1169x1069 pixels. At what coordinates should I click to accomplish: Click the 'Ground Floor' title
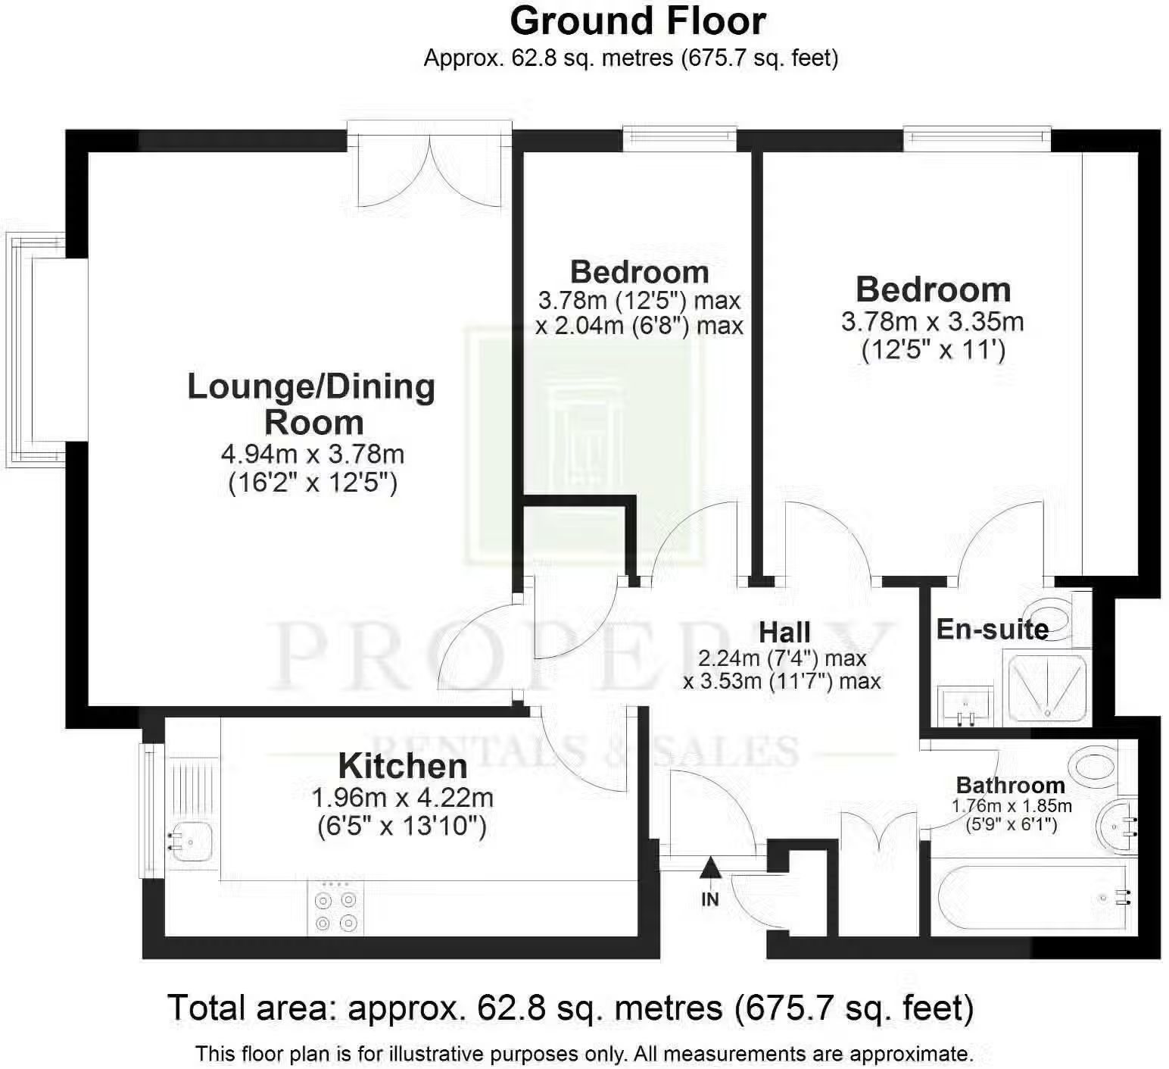coord(637,21)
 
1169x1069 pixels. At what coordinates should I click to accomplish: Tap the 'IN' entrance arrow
coord(709,868)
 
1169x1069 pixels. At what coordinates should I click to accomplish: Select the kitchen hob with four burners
coord(336,908)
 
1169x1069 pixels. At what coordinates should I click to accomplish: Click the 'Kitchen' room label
coord(402,766)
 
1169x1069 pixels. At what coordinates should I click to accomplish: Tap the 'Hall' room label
coord(784,632)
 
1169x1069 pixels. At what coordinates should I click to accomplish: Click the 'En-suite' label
coord(993,629)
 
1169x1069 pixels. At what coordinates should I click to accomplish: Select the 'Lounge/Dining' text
coord(311,386)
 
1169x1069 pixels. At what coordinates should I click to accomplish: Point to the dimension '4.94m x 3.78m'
coord(312,454)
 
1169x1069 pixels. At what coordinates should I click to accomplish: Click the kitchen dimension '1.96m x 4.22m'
coord(402,797)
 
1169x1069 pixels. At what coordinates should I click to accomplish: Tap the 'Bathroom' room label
coord(1011,785)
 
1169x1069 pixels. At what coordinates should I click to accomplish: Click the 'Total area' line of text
coord(570,1008)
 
